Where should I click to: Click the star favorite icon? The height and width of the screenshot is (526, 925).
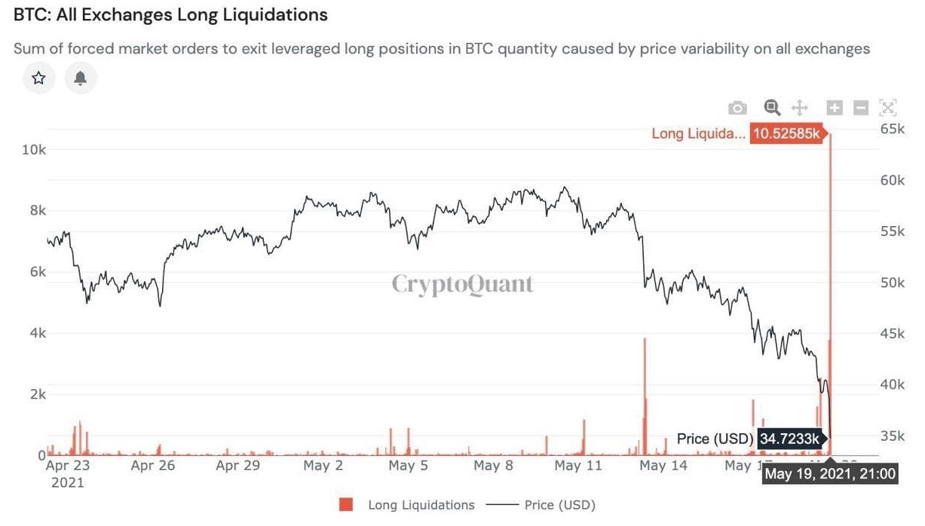39,78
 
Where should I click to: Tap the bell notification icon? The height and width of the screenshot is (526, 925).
81,78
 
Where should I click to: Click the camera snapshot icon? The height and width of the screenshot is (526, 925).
737,108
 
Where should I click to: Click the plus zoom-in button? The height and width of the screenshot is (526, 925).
835,108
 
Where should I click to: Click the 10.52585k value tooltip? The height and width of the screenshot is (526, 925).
787,134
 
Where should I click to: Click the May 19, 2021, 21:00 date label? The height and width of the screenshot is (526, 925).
830,474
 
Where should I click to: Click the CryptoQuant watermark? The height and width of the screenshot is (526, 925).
462,284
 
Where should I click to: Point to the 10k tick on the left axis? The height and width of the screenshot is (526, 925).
33,149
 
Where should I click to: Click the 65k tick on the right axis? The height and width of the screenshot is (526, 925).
892,129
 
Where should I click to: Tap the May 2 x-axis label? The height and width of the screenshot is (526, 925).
323,466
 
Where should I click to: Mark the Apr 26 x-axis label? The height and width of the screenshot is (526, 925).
152,466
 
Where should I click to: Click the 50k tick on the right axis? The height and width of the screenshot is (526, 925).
892,283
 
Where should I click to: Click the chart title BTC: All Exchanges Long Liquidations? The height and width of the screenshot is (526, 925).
171,15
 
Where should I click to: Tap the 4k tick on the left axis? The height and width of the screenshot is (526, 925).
36,333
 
